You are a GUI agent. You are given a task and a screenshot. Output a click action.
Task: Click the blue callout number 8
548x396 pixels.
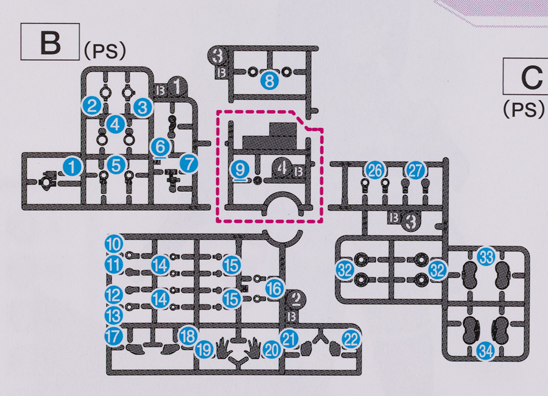[x=268, y=80]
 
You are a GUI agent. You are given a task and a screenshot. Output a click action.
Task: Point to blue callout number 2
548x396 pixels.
[x=93, y=106]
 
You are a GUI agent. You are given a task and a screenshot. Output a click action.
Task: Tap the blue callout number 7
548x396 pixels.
[x=189, y=163]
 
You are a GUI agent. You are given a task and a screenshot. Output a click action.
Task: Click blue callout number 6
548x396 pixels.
[x=160, y=147]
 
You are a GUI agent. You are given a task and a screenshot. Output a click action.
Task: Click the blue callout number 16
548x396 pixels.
[x=275, y=288]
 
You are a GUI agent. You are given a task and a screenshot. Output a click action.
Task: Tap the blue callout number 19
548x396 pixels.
[x=205, y=350]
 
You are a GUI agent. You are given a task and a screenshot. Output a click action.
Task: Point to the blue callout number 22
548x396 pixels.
[x=351, y=340]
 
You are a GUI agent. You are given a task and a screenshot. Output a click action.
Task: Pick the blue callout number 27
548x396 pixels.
[x=415, y=171]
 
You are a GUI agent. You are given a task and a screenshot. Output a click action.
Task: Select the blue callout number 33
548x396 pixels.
[x=486, y=256]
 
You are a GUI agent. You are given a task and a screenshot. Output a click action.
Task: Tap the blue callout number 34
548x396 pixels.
[x=486, y=350]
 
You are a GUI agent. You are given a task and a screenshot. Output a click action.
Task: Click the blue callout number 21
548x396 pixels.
[x=289, y=336]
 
